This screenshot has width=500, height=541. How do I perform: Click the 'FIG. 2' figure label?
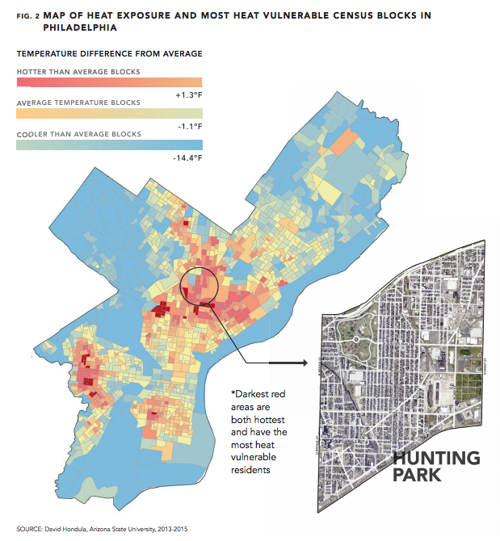(x=28, y=15)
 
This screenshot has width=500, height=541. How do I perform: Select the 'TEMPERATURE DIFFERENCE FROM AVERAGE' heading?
(x=109, y=53)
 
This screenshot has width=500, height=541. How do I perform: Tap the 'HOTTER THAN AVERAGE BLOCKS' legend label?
(x=78, y=72)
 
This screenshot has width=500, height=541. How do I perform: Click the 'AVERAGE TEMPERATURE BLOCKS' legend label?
(x=78, y=103)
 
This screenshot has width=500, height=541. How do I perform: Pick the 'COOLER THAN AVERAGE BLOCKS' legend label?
(x=78, y=134)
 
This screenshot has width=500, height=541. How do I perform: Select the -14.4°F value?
(x=187, y=157)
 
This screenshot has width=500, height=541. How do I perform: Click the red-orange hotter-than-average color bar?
(x=109, y=82)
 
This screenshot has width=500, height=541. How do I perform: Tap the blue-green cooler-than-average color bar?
(x=109, y=145)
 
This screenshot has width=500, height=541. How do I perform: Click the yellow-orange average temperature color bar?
(x=109, y=114)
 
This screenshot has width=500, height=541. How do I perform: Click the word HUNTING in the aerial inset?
(x=435, y=458)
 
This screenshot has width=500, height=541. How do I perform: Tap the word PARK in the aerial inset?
(x=417, y=474)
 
